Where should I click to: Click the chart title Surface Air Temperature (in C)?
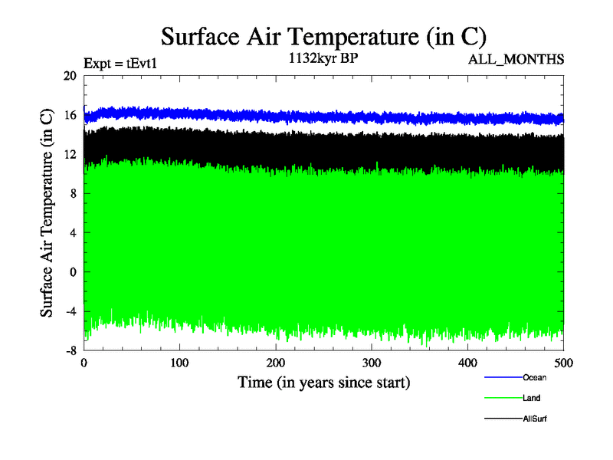tap(323, 37)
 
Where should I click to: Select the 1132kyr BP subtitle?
tap(323, 61)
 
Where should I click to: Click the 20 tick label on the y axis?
tap(70, 76)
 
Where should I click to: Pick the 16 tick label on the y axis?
tap(70, 115)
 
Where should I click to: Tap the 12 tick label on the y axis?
tap(70, 154)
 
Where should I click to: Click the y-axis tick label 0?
tap(74, 272)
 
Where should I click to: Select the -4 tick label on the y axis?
tap(68, 311)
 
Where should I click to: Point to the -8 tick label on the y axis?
tap(68, 350)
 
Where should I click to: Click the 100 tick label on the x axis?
tap(180, 363)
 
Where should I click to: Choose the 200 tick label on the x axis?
tap(276, 363)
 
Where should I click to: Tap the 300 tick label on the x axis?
tap(372, 363)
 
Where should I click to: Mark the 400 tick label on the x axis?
tap(467, 363)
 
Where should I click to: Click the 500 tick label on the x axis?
tap(563, 363)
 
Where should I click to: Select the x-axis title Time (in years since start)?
tap(323, 381)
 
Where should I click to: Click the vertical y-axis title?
tap(47, 213)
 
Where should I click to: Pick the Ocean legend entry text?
tap(534, 377)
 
